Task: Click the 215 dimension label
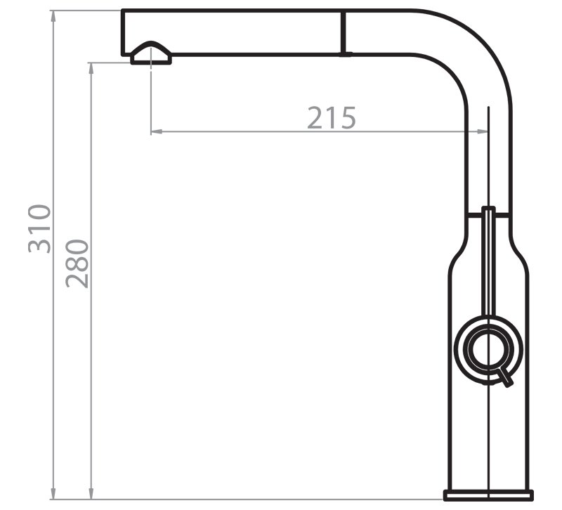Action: [x=332, y=118]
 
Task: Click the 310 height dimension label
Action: [x=40, y=229]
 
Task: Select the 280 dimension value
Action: [x=77, y=263]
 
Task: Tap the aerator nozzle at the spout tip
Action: [x=151, y=54]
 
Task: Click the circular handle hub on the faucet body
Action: [x=488, y=348]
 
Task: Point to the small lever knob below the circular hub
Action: [x=505, y=378]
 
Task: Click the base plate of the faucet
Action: [x=488, y=495]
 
